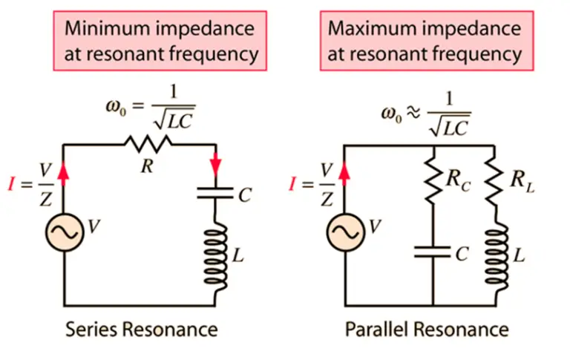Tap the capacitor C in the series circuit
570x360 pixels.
[215, 194]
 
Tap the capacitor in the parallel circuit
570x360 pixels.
[432, 253]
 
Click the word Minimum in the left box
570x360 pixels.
[102, 29]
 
